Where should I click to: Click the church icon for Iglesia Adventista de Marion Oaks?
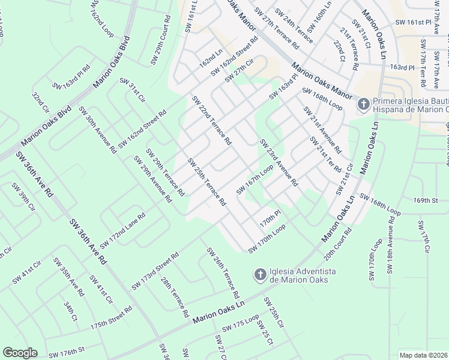pos(260,275)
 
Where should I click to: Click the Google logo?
pos(20,353)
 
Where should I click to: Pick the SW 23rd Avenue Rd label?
pos(279,163)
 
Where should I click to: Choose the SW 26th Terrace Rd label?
pos(223,274)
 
